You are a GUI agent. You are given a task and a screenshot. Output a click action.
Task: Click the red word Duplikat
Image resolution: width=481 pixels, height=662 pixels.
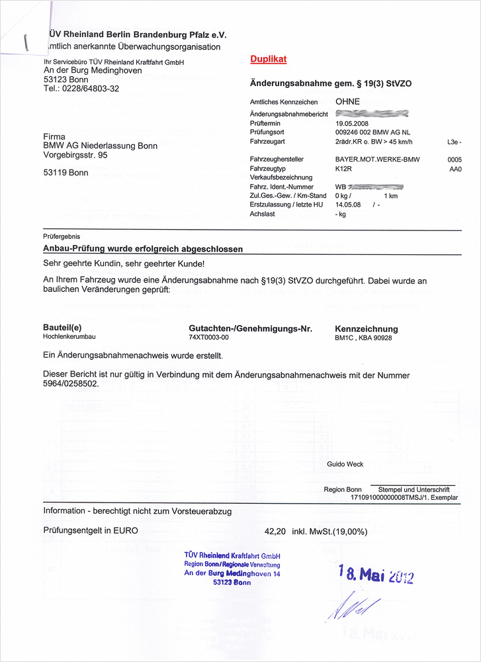click(x=268, y=60)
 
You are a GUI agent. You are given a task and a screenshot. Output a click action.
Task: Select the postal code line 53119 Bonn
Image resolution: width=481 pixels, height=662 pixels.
click(x=66, y=173)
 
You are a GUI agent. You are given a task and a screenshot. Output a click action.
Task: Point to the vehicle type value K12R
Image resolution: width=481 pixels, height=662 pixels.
click(x=343, y=169)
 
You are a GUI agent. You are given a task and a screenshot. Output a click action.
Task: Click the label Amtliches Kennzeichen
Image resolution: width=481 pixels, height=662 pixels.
click(x=284, y=103)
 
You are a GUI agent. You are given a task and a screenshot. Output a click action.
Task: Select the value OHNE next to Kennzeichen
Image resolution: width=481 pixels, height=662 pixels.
click(x=348, y=102)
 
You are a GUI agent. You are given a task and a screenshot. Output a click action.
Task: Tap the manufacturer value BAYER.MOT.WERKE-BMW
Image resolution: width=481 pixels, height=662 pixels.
click(x=377, y=160)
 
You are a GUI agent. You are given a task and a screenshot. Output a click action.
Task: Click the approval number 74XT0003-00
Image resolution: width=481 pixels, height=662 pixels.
click(x=208, y=338)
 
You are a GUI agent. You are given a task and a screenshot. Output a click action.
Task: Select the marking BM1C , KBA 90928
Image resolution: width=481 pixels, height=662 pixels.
click(x=363, y=338)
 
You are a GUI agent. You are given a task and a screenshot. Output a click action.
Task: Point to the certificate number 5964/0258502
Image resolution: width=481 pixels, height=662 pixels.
click(x=71, y=384)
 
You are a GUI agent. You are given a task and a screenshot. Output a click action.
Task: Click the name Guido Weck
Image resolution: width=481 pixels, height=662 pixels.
click(x=345, y=464)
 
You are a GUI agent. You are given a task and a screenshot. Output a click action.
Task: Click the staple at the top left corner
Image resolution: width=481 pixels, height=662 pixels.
click(x=26, y=42)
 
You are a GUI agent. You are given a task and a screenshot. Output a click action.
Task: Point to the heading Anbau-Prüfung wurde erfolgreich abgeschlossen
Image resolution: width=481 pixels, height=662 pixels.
click(x=143, y=249)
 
